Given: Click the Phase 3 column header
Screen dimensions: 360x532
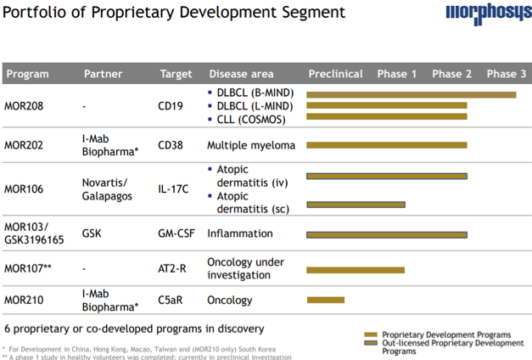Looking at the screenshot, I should (x=507, y=74).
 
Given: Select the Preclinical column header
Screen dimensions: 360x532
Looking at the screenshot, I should (x=335, y=74).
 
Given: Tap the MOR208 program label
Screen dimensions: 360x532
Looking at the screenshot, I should (x=24, y=107).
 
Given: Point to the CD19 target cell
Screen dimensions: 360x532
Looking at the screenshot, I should (x=172, y=107).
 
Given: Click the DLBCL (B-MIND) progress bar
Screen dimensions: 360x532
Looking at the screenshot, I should (x=411, y=94).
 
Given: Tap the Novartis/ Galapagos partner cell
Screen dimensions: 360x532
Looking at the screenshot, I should (x=104, y=188).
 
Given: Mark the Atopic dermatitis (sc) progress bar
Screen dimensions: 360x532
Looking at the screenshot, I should (x=356, y=204).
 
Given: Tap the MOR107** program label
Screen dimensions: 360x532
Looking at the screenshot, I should (x=29, y=267).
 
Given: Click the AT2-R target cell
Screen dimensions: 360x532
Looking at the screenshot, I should (x=174, y=267).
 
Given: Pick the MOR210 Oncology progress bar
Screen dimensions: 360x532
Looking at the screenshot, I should (x=325, y=300).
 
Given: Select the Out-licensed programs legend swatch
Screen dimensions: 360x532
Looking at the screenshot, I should (x=370, y=343).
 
